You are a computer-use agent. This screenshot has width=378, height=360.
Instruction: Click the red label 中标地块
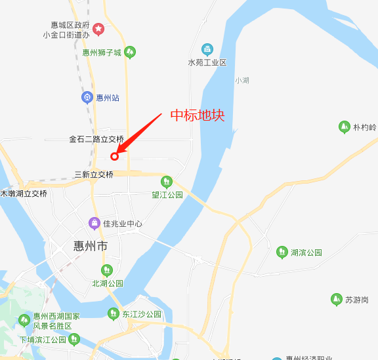[198, 115]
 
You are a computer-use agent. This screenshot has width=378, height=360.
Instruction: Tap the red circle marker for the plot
[114, 156]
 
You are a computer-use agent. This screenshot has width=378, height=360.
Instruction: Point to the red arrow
[139, 134]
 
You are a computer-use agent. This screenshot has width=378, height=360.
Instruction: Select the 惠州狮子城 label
[102, 52]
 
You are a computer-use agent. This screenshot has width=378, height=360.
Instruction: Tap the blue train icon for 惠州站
[87, 98]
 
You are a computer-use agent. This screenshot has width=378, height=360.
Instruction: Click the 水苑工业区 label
[207, 62]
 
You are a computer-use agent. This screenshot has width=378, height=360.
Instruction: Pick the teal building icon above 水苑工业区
[207, 49]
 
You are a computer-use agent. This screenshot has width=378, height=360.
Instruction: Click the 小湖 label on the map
[241, 80]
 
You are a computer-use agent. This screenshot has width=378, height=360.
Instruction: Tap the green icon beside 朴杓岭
[344, 127]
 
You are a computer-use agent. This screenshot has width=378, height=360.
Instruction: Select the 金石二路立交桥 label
[96, 139]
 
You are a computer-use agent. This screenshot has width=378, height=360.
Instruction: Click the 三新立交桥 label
[94, 174]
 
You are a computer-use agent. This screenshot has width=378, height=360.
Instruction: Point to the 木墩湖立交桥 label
[24, 193]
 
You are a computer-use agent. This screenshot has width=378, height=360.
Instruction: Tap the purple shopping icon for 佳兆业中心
[95, 224]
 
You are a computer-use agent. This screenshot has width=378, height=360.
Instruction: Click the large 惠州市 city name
[91, 247]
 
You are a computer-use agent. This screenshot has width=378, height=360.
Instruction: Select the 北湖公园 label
[108, 284]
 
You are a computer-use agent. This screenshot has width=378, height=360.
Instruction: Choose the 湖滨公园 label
[306, 252]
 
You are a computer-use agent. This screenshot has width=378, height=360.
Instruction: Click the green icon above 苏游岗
[336, 300]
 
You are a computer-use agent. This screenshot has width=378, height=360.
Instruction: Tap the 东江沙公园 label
[142, 314]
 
